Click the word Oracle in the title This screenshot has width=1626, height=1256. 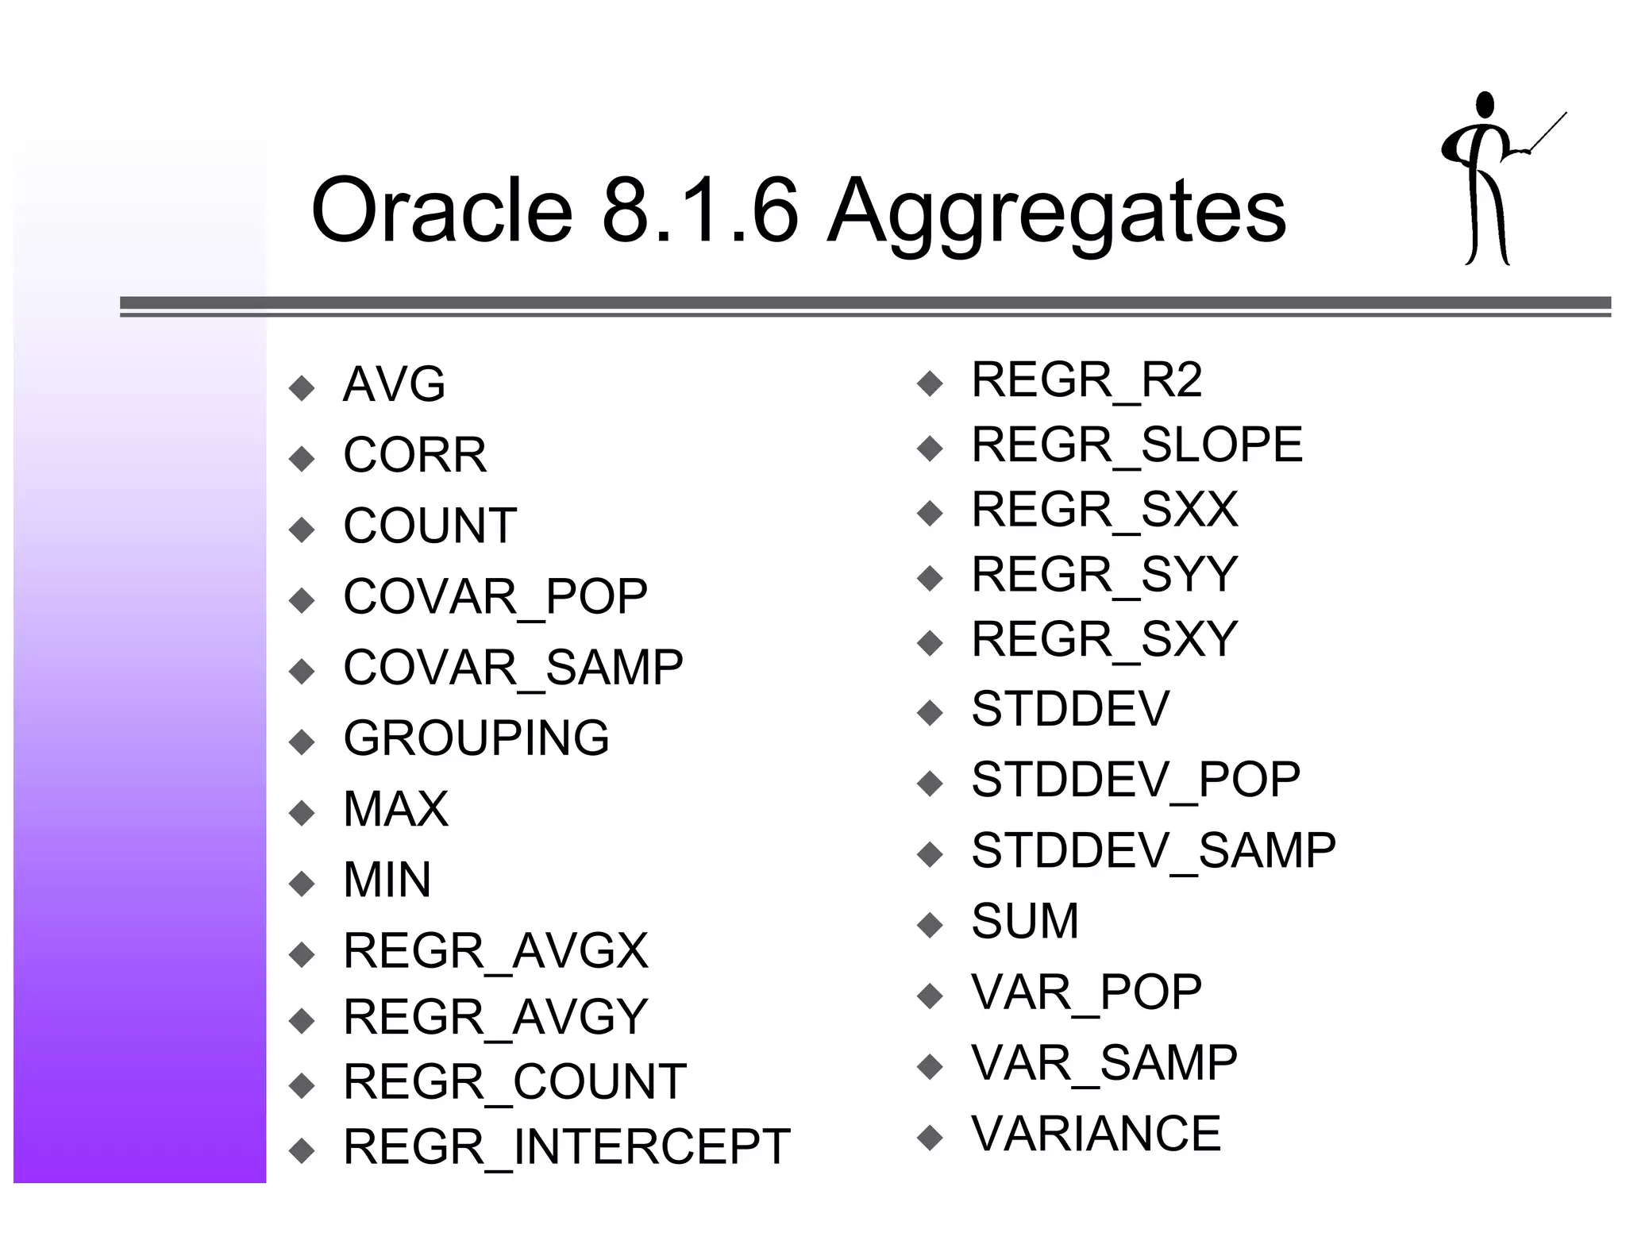pyautogui.click(x=441, y=211)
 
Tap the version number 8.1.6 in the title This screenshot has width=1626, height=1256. pyautogui.click(x=699, y=211)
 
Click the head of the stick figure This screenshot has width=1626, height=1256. pyautogui.click(x=1485, y=106)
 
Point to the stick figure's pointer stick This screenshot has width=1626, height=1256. pyautogui.click(x=1548, y=132)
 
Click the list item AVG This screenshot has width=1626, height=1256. pyautogui.click(x=394, y=385)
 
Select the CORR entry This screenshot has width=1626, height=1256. pyautogui.click(x=414, y=456)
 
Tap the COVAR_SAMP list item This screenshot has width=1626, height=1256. pyautogui.click(x=513, y=668)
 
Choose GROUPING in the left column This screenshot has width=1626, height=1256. pyautogui.click(x=476, y=738)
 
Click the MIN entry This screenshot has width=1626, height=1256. pyautogui.click(x=387, y=880)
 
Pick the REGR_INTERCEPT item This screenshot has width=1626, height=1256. pyautogui.click(x=567, y=1147)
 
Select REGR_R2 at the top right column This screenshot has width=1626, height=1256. pyautogui.click(x=1087, y=380)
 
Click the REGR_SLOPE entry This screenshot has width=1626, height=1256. pyautogui.click(x=1137, y=445)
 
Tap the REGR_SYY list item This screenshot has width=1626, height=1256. pyautogui.click(x=1104, y=575)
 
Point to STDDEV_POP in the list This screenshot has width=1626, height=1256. pyautogui.click(x=1135, y=780)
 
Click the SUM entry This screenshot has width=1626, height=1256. pyautogui.click(x=1025, y=922)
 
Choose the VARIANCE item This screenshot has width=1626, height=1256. pyautogui.click(x=1096, y=1134)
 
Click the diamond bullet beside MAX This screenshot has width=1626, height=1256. pyautogui.click(x=302, y=813)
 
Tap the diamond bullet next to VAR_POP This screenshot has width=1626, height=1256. pyautogui.click(x=930, y=996)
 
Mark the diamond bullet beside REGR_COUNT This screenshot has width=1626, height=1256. pyautogui.click(x=302, y=1085)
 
